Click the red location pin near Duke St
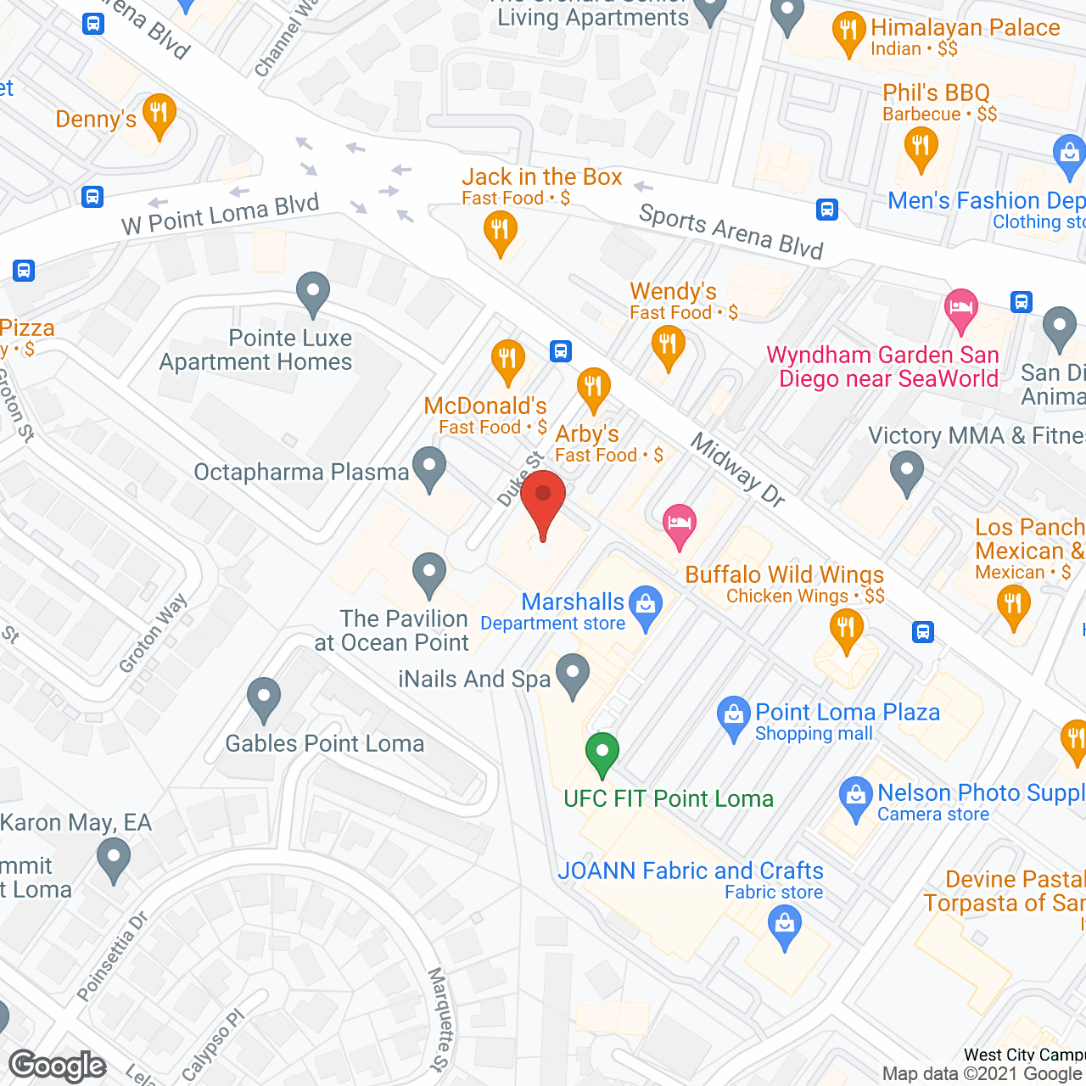pos(543,501)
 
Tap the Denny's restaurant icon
pos(159,115)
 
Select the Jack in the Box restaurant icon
pos(501,231)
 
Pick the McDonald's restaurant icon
pos(507,360)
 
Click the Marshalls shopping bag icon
pos(647,606)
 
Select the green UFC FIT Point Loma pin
pos(602,753)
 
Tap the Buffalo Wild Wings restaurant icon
pos(846,630)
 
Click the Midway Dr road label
pos(737,470)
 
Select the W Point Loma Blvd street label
pos(221,215)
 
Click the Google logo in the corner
pos(58,1066)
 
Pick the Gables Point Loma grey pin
pos(264,698)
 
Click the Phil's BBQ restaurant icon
pos(921,147)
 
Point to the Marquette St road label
pos(439,1019)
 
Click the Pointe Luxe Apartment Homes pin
pos(313,293)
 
